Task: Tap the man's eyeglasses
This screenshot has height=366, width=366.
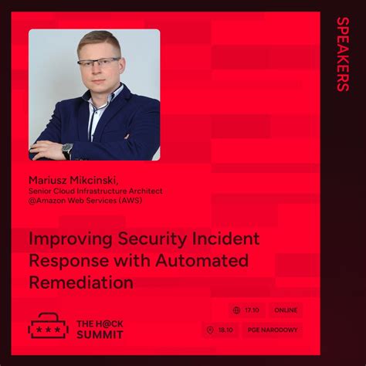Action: pyautogui.click(x=98, y=62)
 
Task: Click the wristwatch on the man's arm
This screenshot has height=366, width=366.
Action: pyautogui.click(x=68, y=149)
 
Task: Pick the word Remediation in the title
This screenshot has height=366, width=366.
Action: pyautogui.click(x=81, y=283)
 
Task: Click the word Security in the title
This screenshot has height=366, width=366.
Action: pyautogui.click(x=146, y=239)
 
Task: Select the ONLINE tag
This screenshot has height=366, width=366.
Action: pyautogui.click(x=286, y=310)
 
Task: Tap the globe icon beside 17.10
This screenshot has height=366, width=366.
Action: pyautogui.click(x=236, y=310)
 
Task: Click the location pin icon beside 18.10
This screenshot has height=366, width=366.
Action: pyautogui.click(x=211, y=330)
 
